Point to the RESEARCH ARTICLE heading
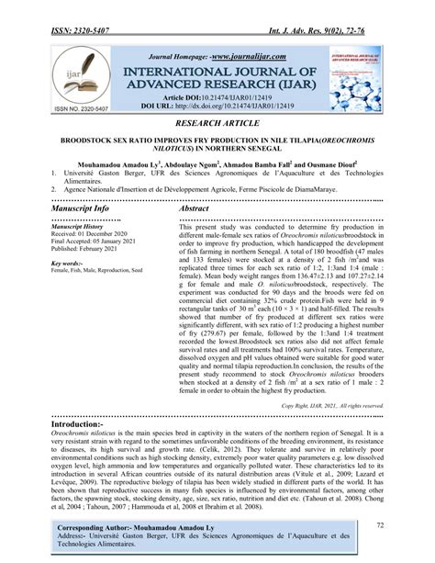coord(217,120)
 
